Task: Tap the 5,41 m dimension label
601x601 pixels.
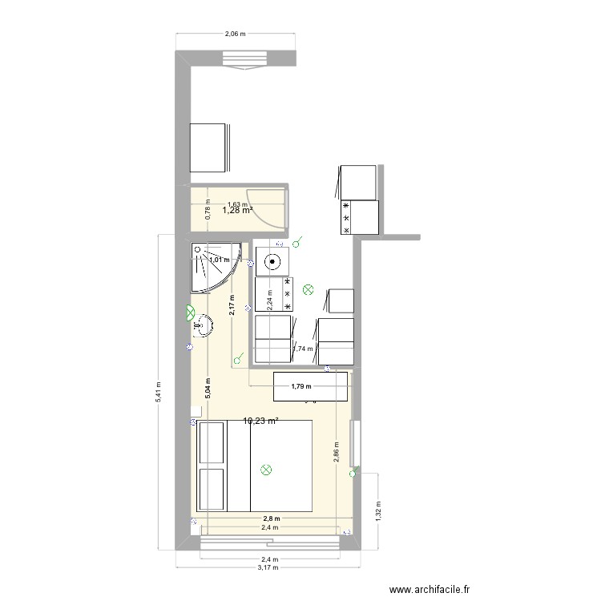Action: click(x=159, y=391)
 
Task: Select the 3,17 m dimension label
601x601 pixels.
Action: click(x=268, y=567)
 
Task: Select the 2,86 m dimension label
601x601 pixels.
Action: click(x=337, y=453)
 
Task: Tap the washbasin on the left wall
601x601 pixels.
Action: click(x=202, y=325)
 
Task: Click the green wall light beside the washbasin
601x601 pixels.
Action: click(x=191, y=312)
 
